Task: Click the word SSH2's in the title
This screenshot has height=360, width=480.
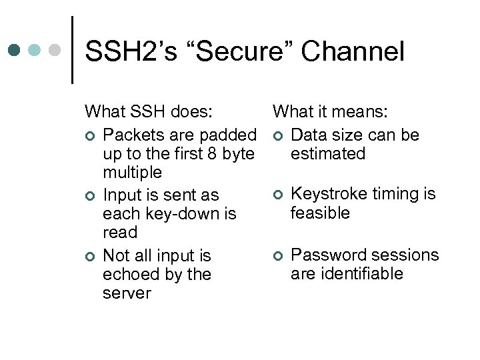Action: point(131,51)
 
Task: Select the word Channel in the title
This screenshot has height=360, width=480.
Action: point(357,51)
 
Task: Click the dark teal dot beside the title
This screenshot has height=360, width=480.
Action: point(15,50)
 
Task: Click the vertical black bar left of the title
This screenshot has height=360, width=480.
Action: point(72,50)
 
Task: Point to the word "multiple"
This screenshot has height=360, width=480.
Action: point(132,173)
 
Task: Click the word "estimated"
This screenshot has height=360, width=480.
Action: point(328,154)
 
